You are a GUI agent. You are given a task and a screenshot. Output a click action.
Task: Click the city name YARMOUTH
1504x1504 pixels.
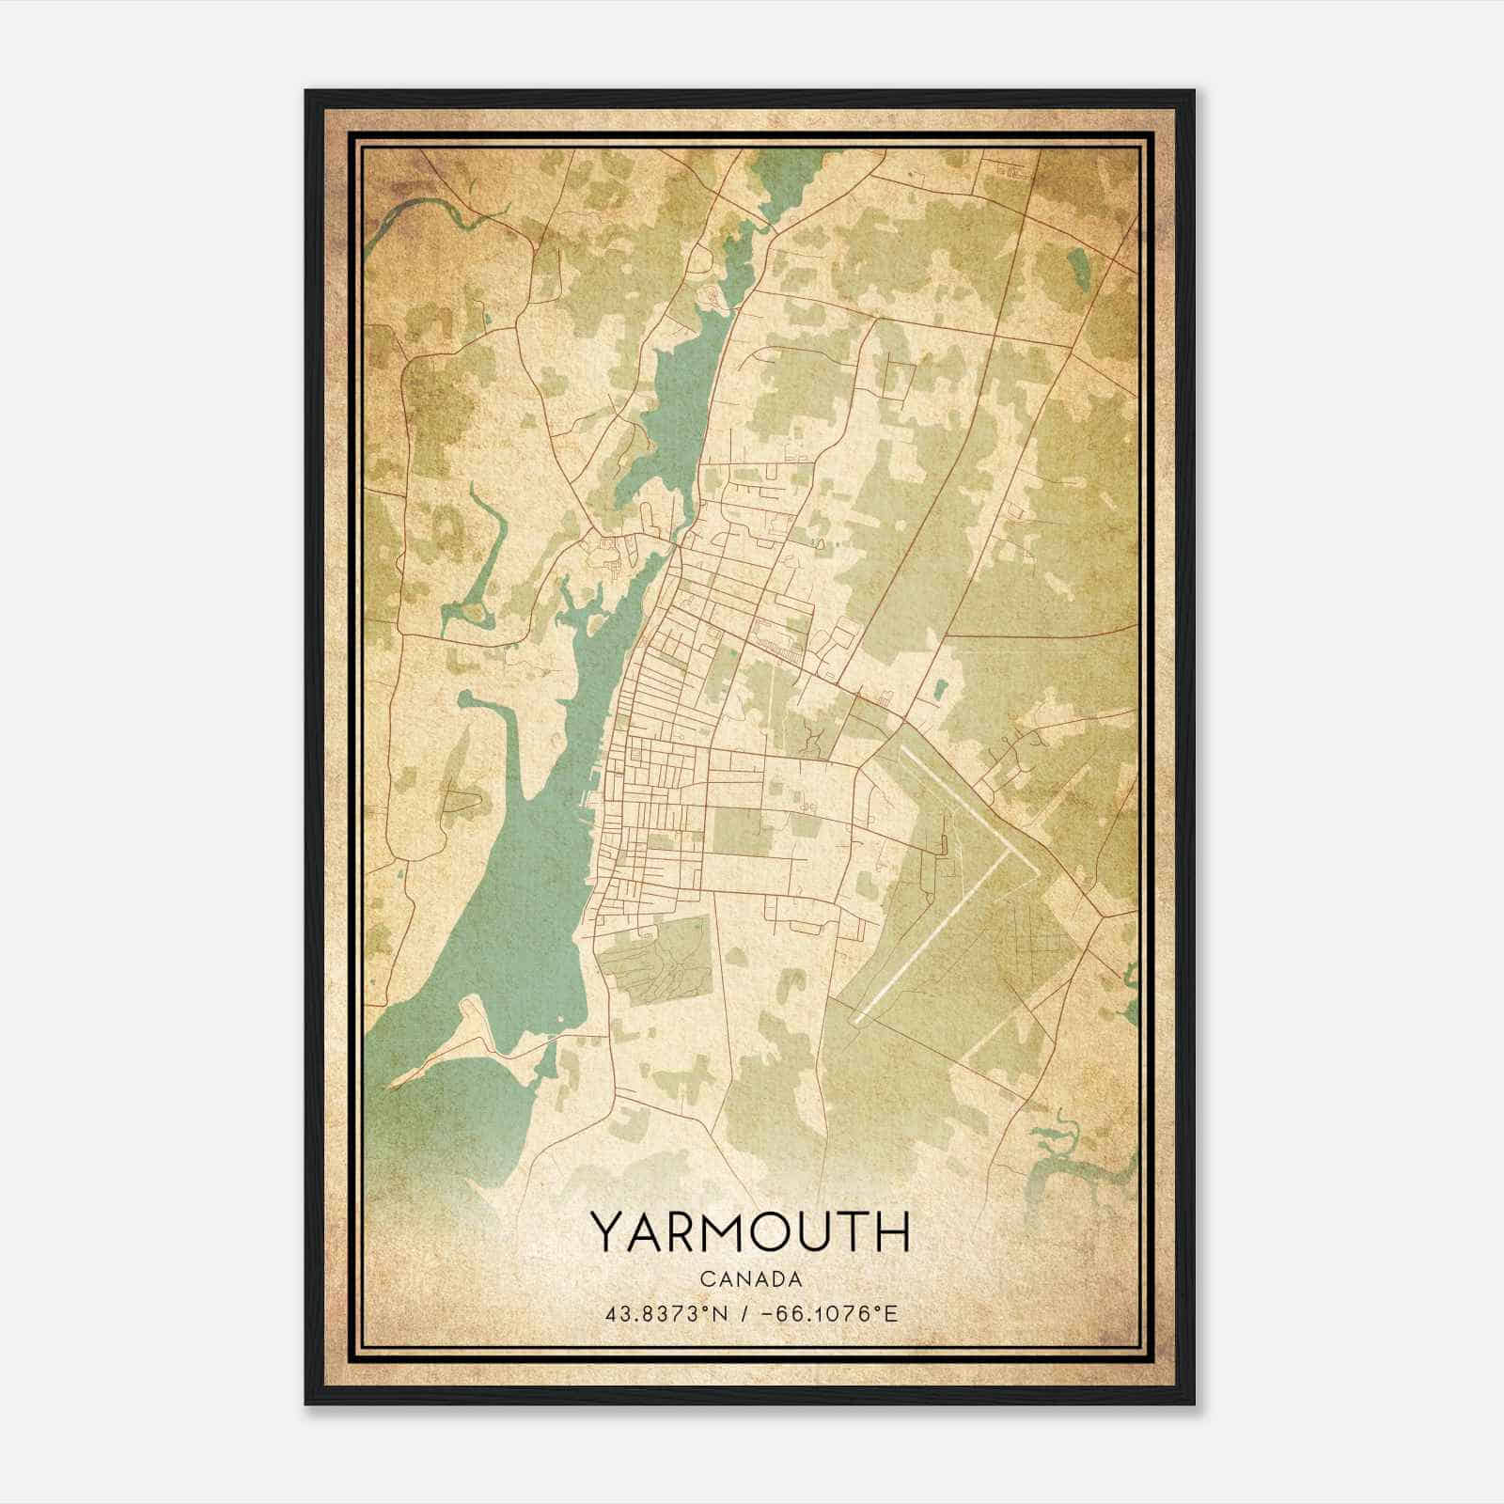[x=750, y=1231]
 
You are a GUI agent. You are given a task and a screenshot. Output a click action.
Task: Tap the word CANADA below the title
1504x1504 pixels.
[x=750, y=1279]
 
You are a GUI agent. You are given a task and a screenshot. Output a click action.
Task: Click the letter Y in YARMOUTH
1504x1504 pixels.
[x=606, y=1231]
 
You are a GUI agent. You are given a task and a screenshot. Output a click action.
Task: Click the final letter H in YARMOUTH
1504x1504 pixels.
[x=893, y=1231]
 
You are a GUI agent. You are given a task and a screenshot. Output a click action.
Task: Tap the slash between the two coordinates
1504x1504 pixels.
[x=744, y=1313]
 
